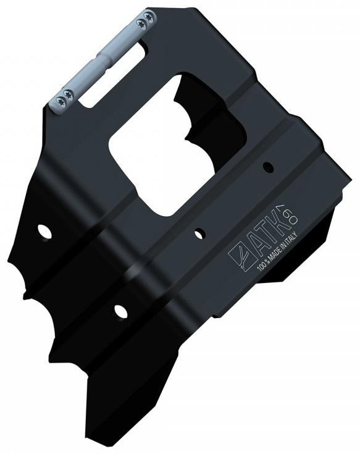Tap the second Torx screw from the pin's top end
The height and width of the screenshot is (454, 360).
click(x=143, y=23)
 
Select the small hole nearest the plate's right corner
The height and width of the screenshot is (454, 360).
click(x=268, y=166)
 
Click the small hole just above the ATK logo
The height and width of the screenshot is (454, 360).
click(x=199, y=232)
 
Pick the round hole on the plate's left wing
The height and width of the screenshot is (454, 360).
click(x=44, y=231)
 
